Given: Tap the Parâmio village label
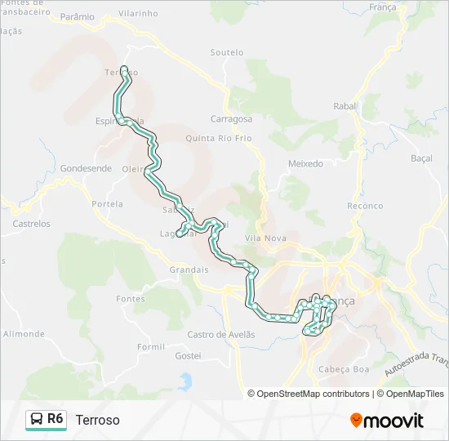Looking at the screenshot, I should [78, 16].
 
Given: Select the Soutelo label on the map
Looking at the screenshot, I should [226, 52].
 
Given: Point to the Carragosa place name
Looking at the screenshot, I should [232, 118].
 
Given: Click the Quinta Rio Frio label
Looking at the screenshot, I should [219, 138].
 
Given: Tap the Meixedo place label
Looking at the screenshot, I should [305, 163].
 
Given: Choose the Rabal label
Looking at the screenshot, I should [345, 106].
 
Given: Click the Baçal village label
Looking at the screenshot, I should [421, 158].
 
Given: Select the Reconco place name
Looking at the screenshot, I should [364, 206].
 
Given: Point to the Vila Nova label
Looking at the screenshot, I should [265, 238].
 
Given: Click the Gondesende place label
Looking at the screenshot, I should [85, 168].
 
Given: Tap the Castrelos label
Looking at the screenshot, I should [31, 223].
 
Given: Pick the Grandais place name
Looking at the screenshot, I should [189, 269].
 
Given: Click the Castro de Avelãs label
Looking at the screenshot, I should [221, 334].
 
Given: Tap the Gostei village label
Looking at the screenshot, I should [188, 356].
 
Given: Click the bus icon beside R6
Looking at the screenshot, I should [36, 420].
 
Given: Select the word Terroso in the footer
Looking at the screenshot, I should [97, 420].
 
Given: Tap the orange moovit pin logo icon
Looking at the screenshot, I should [356, 421].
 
